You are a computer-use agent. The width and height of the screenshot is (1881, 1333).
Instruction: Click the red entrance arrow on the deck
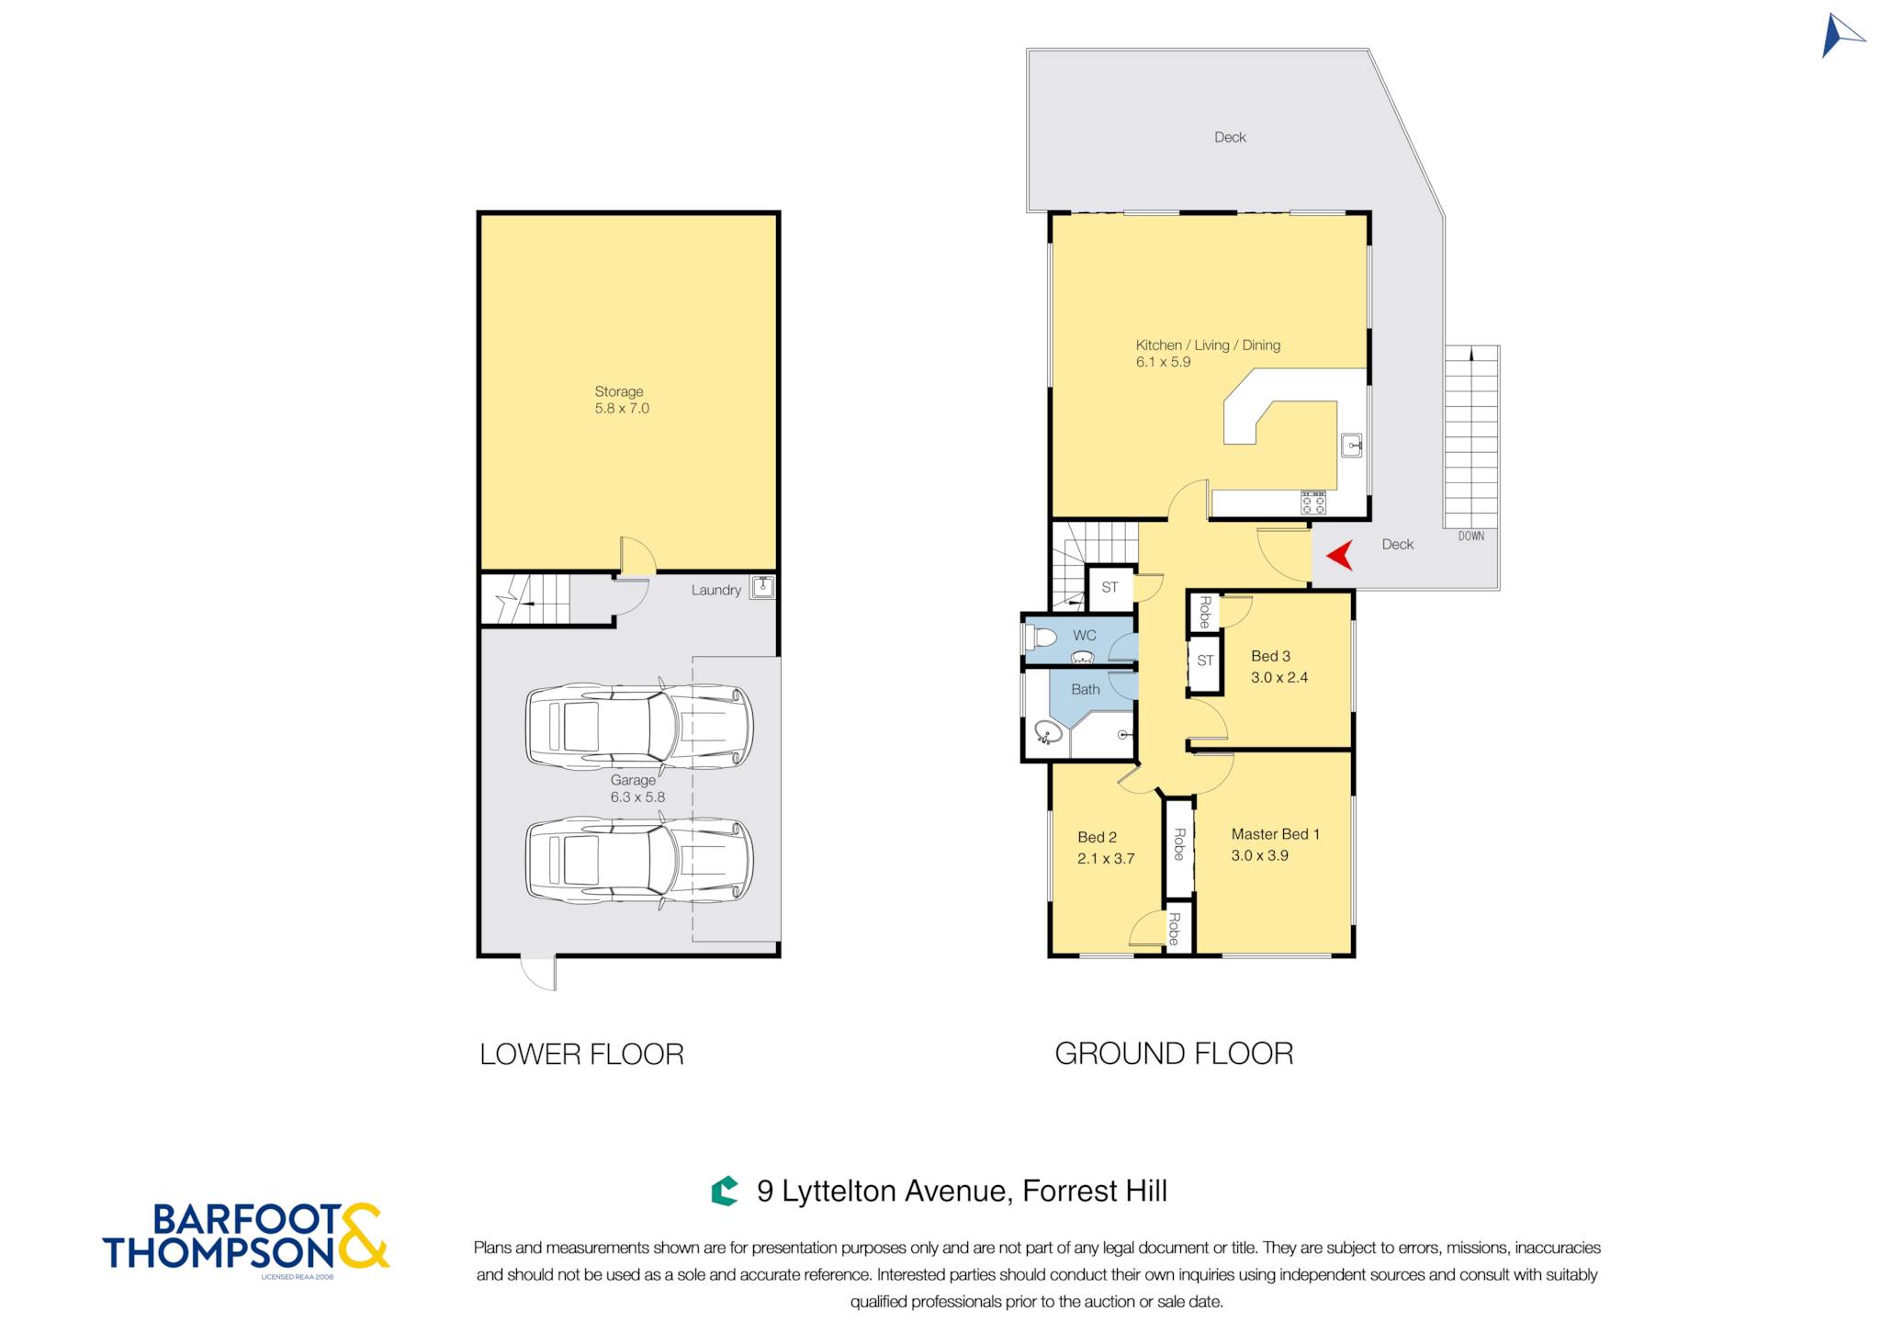[1342, 555]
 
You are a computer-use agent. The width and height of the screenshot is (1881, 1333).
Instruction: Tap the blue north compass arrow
[1839, 36]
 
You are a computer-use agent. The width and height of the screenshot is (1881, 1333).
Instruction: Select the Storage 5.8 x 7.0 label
[622, 400]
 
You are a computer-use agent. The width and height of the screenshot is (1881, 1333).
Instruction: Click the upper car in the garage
[639, 726]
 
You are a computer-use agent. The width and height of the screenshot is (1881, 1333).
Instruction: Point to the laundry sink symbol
[762, 586]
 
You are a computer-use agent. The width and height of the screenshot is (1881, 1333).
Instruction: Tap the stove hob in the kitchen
[1312, 503]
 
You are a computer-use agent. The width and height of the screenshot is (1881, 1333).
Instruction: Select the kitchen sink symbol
[1351, 446]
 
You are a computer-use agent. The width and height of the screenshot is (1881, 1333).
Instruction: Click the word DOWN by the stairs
[1470, 536]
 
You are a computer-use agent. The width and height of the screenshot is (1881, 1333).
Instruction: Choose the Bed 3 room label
[1270, 656]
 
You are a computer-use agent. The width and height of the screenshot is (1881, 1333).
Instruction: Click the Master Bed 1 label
[1275, 834]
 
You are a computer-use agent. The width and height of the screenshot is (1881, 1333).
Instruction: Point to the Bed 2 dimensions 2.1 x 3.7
[1106, 858]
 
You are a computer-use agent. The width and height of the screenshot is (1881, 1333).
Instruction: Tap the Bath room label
[1086, 689]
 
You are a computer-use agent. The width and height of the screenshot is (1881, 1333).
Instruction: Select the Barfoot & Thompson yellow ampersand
[363, 1236]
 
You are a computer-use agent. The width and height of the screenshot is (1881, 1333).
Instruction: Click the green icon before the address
[725, 1191]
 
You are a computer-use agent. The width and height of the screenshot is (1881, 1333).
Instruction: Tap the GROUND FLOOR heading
[1174, 1053]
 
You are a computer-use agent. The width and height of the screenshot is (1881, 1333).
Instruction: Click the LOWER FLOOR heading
[581, 1054]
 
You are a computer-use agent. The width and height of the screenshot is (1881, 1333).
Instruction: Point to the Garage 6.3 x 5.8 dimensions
[637, 797]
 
